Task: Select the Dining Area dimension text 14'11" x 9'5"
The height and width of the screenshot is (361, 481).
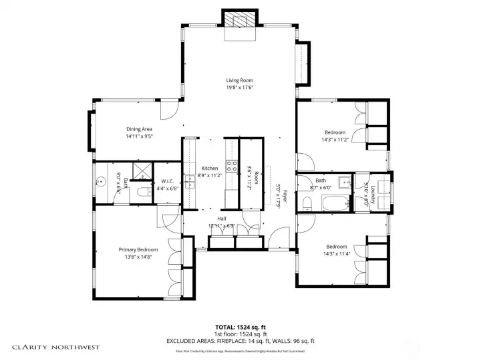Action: (x=140, y=136)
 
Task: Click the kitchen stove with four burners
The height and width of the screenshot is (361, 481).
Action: (x=232, y=166)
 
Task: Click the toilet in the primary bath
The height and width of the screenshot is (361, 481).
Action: (x=142, y=193)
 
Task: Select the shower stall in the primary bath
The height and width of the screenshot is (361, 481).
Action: (x=142, y=171)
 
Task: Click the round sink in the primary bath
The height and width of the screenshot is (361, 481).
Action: (x=102, y=180)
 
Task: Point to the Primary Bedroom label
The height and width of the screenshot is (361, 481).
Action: (x=139, y=249)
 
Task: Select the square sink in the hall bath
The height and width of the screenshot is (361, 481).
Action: (x=344, y=180)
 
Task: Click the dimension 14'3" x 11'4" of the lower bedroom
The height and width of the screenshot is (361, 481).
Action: (x=335, y=253)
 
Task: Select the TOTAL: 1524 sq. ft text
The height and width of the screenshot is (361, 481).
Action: (x=239, y=328)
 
